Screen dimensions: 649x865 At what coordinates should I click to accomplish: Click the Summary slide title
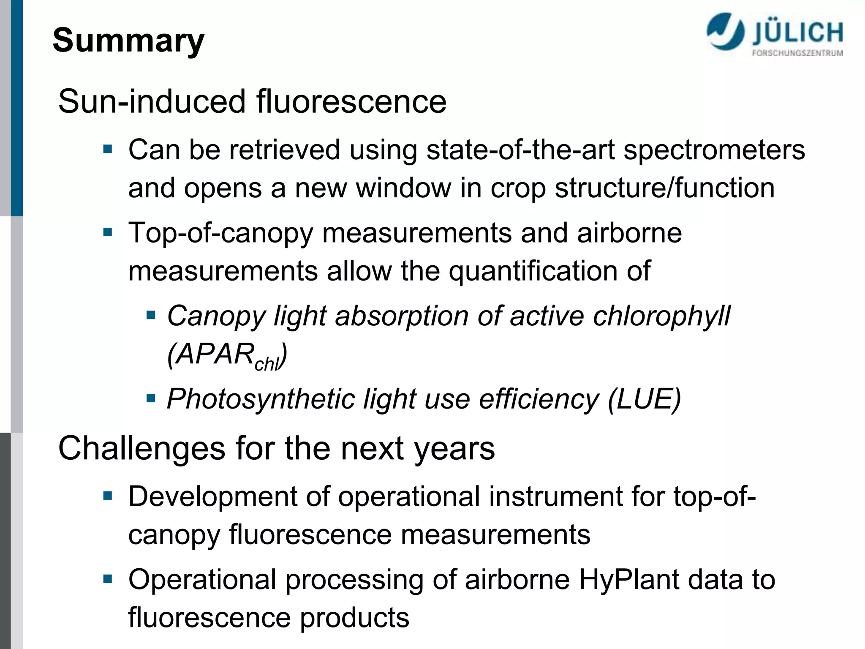(x=128, y=41)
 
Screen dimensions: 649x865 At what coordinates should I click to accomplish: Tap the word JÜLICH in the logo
(x=797, y=33)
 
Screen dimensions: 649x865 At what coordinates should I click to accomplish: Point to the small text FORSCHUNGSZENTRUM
(x=797, y=53)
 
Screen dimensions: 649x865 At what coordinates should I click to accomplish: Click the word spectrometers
(x=714, y=150)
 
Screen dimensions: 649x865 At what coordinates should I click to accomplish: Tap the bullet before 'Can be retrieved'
(x=108, y=149)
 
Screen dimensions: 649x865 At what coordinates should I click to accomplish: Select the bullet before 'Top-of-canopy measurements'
(x=108, y=232)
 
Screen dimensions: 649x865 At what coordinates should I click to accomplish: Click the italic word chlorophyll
(x=661, y=316)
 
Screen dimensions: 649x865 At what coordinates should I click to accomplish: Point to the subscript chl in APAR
(x=267, y=364)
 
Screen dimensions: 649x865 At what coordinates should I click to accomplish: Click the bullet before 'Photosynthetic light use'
(x=151, y=398)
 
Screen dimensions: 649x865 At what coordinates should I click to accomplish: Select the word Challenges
(x=142, y=449)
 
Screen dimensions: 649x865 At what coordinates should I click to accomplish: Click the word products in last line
(x=354, y=618)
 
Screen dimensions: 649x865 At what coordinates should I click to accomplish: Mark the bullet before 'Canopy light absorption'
(x=151, y=315)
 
